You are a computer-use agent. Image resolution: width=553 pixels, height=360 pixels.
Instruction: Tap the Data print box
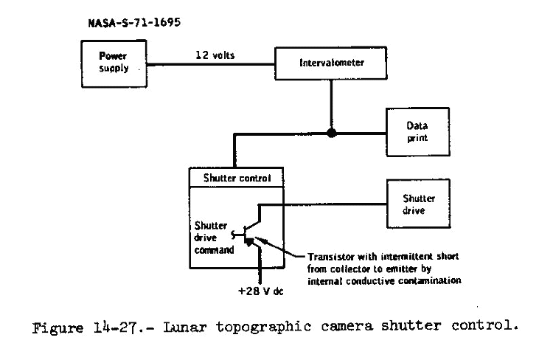coord(417,132)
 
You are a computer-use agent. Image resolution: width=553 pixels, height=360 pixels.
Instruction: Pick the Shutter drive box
coord(418,204)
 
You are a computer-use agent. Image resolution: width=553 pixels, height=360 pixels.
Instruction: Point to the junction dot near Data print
coord(333,134)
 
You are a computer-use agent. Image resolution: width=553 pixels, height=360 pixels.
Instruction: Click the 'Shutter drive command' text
coord(215,238)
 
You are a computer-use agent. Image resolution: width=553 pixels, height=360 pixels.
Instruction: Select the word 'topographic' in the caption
coord(265,327)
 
